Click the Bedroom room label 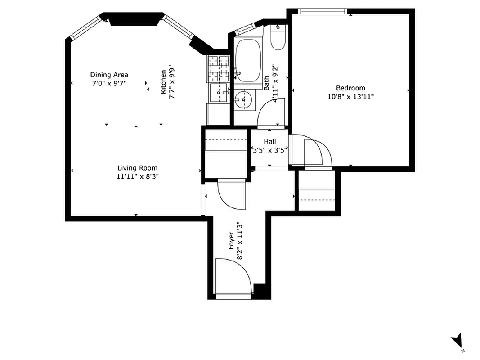(350, 88)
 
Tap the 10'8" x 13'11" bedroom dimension (350, 96)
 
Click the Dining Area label (109, 75)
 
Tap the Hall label (269, 142)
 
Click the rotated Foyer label (232, 241)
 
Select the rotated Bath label (267, 83)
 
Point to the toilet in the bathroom (278, 39)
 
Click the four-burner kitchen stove (218, 68)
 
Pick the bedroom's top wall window (323, 11)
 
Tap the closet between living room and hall (225, 153)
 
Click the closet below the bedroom (317, 191)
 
